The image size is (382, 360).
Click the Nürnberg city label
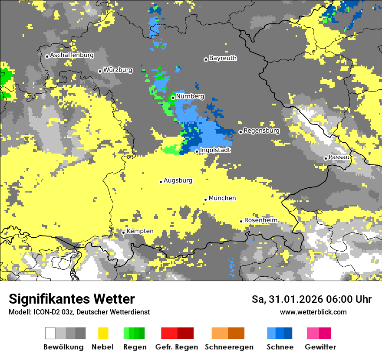pyautogui.click(x=190, y=97)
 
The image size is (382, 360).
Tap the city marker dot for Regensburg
pyautogui.click(x=240, y=132)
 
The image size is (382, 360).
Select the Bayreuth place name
pyautogui.click(x=223, y=58)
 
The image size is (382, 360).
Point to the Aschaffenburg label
pyautogui.click(x=72, y=55)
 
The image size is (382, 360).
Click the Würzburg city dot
pyautogui.click(x=100, y=71)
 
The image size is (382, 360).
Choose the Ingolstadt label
pyautogui.click(x=215, y=150)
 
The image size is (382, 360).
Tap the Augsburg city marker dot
pyautogui.click(x=161, y=182)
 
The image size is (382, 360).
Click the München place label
pyautogui.click(x=222, y=198)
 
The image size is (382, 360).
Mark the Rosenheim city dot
pyautogui.click(x=241, y=221)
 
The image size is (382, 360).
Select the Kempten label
pyautogui.click(x=140, y=231)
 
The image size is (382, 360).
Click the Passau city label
pyautogui.click(x=339, y=157)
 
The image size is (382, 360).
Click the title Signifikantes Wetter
pyautogui.click(x=72, y=299)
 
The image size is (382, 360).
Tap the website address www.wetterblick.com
pyautogui.click(x=313, y=312)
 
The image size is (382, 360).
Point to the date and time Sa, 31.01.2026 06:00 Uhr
pyautogui.click(x=311, y=299)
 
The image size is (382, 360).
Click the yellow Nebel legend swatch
pyautogui.click(x=103, y=333)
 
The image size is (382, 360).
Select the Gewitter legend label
pyautogui.click(x=320, y=347)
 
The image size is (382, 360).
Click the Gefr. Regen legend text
pyautogui.click(x=177, y=347)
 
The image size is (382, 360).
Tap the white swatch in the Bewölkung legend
pyautogui.click(x=50, y=333)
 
